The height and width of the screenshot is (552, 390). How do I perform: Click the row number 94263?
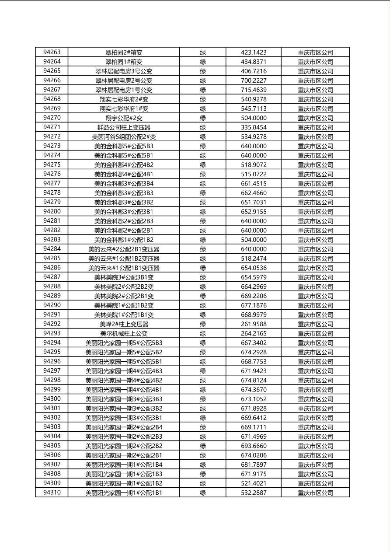pos(52,52)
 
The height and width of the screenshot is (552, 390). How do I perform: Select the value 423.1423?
pos(254,52)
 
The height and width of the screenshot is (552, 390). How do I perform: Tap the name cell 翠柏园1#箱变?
pos(124,62)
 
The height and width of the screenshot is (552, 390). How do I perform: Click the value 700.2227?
pos(254,80)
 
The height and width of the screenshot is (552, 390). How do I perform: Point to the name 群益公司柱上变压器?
pos(124,127)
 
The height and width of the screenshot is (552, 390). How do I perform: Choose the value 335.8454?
pos(254,127)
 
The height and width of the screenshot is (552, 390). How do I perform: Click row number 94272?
pos(52,136)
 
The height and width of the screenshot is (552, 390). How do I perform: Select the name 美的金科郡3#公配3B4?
pos(124,183)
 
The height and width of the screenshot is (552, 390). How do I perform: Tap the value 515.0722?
pos(254,174)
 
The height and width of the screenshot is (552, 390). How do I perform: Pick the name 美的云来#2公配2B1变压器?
pos(124,249)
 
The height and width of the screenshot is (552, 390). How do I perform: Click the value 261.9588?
pos(254,324)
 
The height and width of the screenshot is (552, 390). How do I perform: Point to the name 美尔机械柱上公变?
pos(124,333)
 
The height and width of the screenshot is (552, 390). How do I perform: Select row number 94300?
pos(52,399)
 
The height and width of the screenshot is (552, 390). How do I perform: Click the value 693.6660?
pos(254,446)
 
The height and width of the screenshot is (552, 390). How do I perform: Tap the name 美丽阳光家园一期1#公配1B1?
pos(124,493)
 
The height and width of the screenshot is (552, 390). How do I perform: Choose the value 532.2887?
pos(254,493)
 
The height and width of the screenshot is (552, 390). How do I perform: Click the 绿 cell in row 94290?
pos(203,305)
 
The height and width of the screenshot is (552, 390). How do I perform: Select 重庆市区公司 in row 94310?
pos(315,493)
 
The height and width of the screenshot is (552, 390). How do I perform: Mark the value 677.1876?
pos(254,305)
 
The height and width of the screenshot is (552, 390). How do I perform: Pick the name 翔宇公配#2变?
pos(124,118)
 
